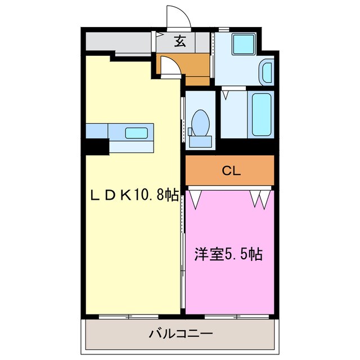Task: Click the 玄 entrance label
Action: (x=180, y=41)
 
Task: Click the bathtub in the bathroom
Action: (x=262, y=114)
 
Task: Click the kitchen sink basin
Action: (x=137, y=133)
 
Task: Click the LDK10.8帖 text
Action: (x=135, y=195)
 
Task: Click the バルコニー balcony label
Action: (x=181, y=334)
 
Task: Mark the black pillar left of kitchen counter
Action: (x=97, y=146)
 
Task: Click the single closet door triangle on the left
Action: (x=197, y=199)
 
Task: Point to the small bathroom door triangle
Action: (x=226, y=94)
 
